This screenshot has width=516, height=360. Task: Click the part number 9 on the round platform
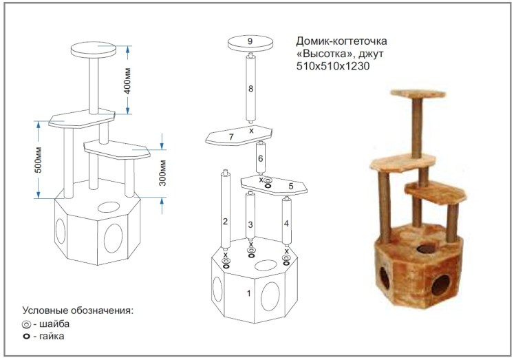coord(250,41)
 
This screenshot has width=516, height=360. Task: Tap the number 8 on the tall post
coord(250,89)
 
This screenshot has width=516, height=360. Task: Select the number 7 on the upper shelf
coord(231,137)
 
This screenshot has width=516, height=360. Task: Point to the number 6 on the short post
coord(260,159)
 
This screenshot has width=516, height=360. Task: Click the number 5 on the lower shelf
coord(291,187)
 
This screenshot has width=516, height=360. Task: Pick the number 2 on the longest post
coord(225,222)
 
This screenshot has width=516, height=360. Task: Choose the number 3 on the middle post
coord(250,224)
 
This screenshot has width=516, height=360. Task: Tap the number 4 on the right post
coord(286,223)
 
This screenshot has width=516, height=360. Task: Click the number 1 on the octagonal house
coord(249,293)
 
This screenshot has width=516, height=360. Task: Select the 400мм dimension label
coord(127,81)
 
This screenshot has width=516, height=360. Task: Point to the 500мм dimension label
coord(39,160)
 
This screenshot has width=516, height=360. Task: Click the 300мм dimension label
coord(162,173)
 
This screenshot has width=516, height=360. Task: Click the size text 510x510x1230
coord(333,66)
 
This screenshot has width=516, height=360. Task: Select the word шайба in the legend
coord(54,324)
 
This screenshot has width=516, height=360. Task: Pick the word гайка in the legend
coord(52,337)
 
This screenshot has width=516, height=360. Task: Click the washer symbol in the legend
coord(26,324)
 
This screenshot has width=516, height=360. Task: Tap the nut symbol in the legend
coord(26,337)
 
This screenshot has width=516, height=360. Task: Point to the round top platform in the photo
coord(418,94)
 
